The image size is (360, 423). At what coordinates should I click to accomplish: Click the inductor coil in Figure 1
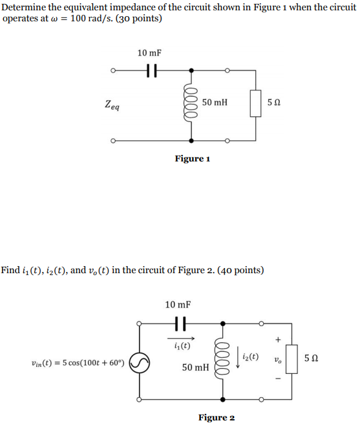191,103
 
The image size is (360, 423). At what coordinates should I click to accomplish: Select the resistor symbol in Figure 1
255,104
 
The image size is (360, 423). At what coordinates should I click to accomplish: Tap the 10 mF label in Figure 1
149,53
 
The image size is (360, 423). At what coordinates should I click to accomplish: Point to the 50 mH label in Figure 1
215,103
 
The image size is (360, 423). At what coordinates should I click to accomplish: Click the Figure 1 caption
193,158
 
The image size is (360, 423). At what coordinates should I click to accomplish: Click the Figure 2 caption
216,417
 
